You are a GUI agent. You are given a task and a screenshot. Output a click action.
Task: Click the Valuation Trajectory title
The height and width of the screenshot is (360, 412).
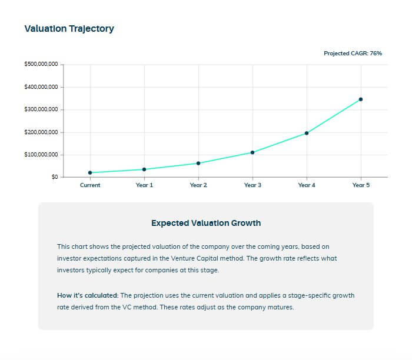[x=69, y=28]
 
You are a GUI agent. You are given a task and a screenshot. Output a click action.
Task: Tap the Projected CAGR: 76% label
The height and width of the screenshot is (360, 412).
[x=353, y=53]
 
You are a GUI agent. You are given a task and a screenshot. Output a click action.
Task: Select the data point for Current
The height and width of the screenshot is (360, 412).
[x=90, y=172]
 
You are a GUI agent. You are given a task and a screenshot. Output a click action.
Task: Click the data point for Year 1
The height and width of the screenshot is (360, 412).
[x=144, y=169]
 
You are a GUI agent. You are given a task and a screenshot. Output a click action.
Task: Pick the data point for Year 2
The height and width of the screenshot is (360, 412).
[x=198, y=163]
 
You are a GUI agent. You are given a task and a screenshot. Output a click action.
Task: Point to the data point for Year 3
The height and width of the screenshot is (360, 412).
[x=252, y=152]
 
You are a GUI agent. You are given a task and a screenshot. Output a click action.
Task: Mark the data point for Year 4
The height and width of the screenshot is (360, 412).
[x=307, y=133]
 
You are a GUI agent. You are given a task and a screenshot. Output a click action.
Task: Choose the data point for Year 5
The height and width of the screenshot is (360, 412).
[x=361, y=99]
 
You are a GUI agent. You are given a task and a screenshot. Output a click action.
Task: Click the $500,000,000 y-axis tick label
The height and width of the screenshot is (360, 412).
[x=41, y=65]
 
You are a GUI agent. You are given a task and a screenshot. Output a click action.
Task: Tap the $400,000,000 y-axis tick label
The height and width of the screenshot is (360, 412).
[x=41, y=87]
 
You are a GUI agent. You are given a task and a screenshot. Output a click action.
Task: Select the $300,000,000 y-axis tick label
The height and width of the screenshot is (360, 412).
[x=41, y=109]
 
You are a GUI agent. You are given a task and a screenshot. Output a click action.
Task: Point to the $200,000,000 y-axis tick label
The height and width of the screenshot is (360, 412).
[x=41, y=132]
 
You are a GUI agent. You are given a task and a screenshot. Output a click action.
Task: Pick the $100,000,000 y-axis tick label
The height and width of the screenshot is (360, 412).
[x=41, y=155]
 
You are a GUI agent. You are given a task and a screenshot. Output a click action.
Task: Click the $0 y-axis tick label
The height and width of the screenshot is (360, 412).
[x=54, y=177]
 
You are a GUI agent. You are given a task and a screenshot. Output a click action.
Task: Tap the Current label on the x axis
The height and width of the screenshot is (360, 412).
[x=90, y=185]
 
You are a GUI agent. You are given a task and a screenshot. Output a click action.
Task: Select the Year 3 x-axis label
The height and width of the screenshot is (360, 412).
[x=252, y=185]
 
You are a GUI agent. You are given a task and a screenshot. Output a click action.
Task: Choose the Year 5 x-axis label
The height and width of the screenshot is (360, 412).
[x=361, y=185]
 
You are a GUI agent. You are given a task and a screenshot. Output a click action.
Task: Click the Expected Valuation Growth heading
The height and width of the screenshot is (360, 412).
[x=205, y=223]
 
